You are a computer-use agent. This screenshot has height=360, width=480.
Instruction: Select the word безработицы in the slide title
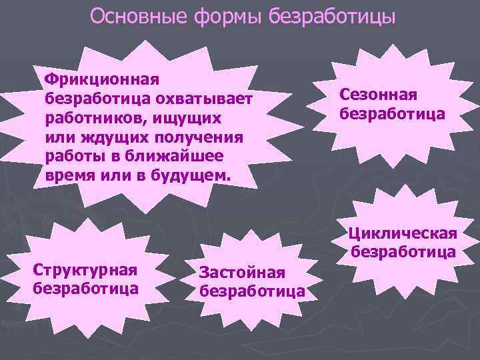point(333,16)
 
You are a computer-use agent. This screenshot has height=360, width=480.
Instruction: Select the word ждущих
point(111,137)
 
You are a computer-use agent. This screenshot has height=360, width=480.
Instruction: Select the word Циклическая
point(403,233)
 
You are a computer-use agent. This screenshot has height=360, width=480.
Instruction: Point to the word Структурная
point(85,271)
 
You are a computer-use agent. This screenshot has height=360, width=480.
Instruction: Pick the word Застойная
point(243,273)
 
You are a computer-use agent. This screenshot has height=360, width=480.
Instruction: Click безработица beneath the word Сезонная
point(393,113)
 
